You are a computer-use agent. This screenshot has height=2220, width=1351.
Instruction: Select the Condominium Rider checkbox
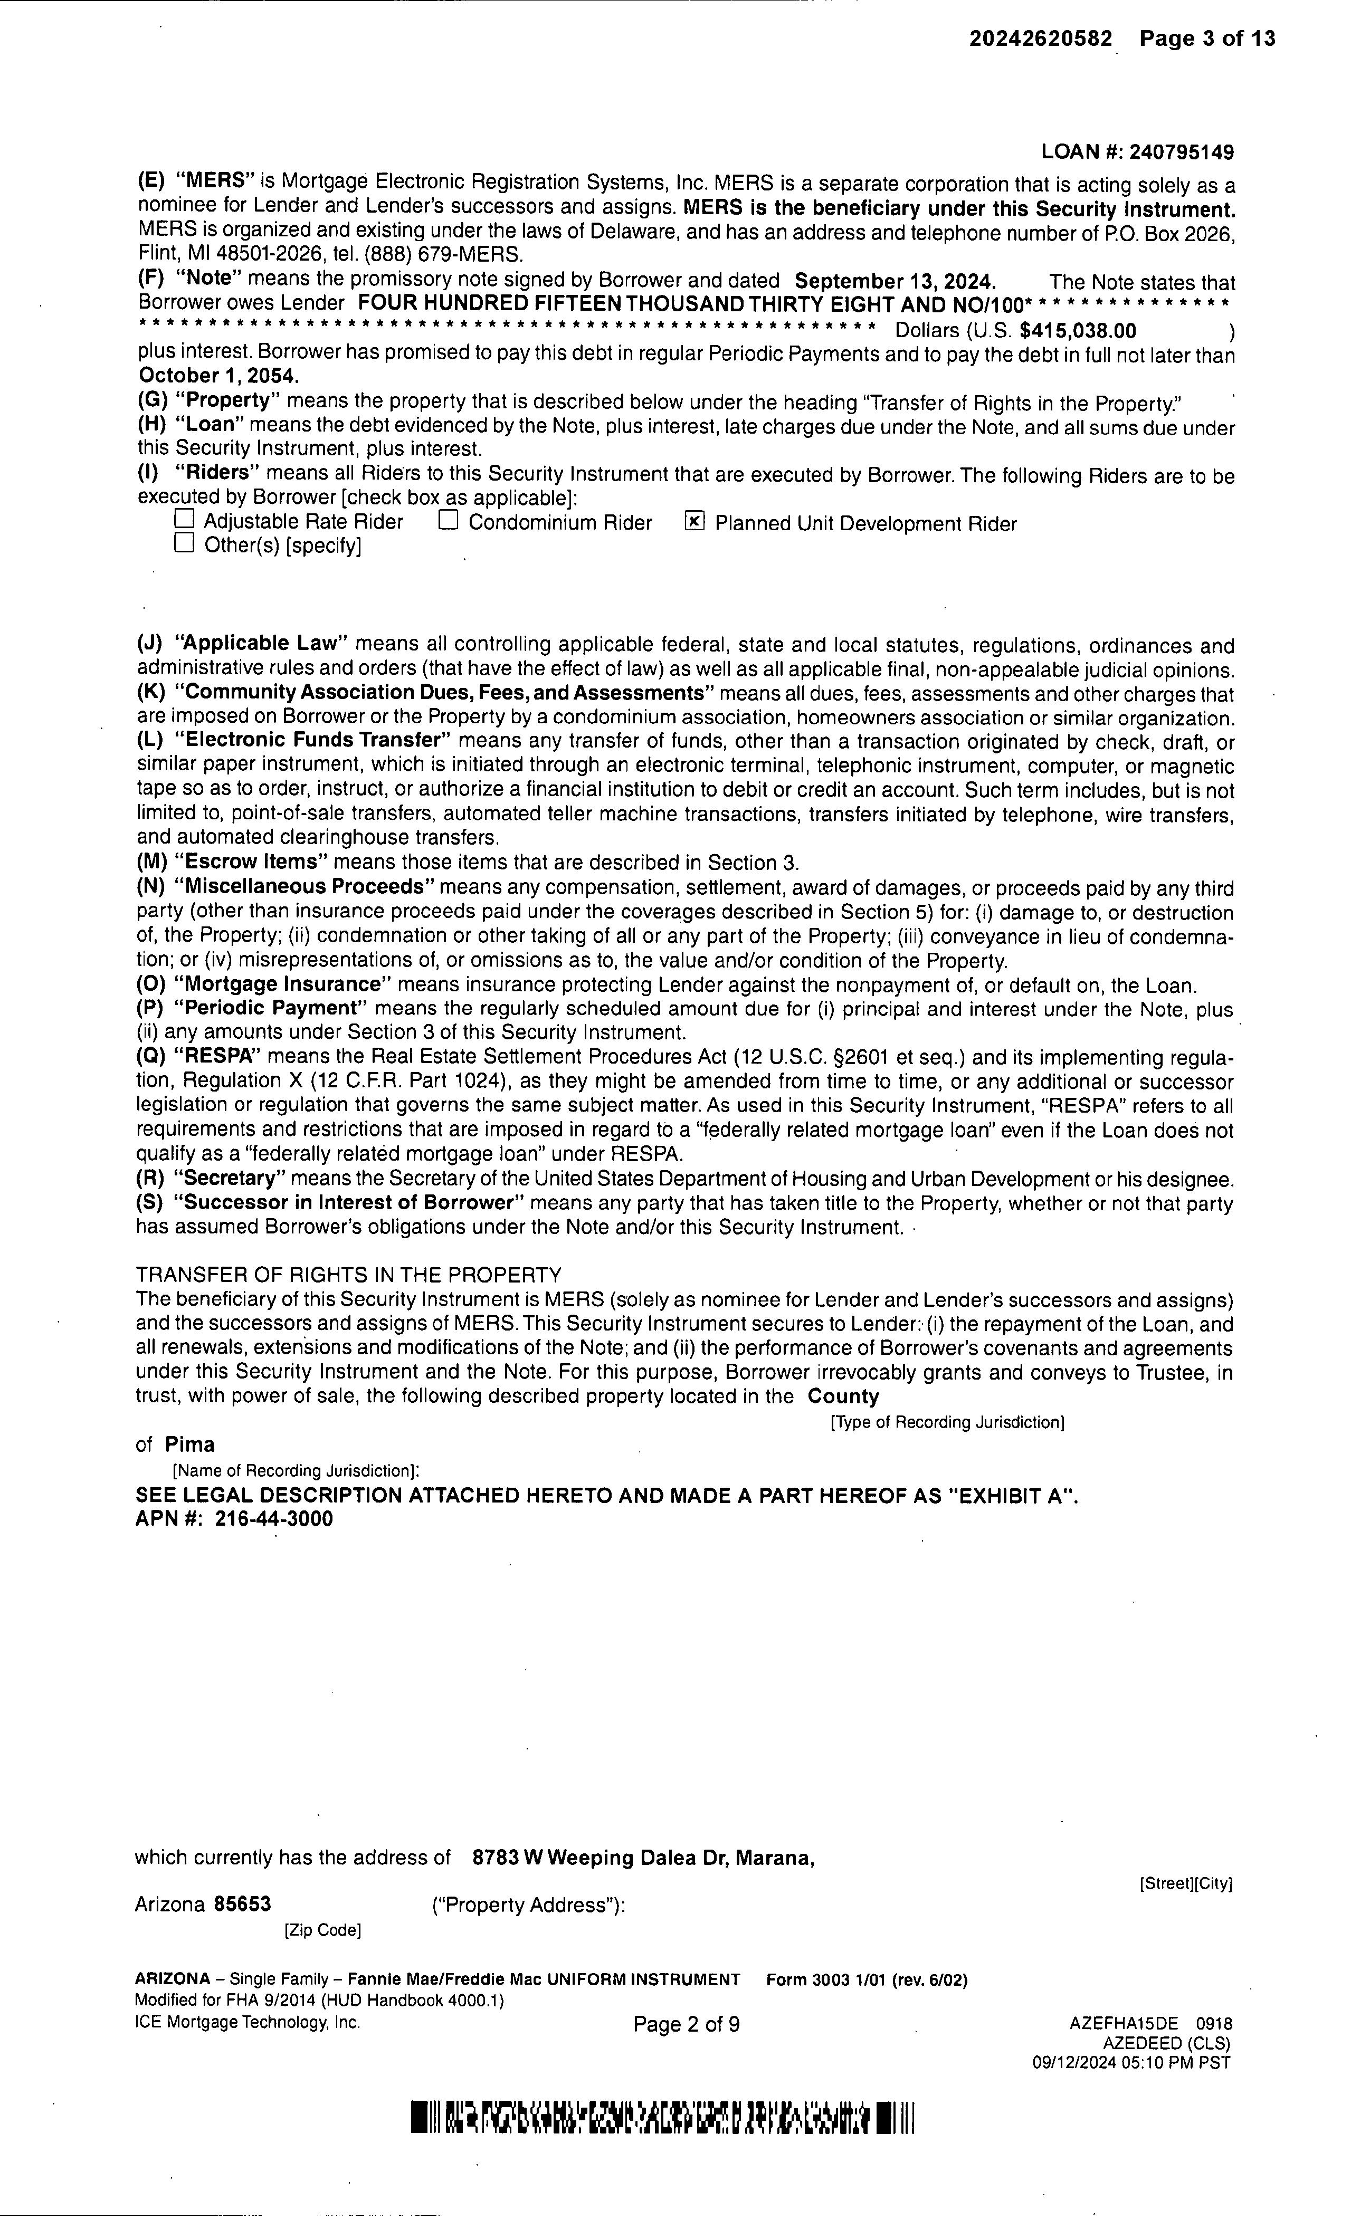tap(448, 521)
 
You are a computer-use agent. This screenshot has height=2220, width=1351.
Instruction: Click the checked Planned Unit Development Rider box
tap(694, 522)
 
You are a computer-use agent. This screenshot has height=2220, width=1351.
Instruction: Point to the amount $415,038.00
tap(1078, 331)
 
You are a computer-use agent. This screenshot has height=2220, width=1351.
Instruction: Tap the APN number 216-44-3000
tap(274, 1519)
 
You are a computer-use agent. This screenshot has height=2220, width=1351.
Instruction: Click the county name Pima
tap(190, 1445)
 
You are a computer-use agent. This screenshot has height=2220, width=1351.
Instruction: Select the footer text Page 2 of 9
tap(687, 2024)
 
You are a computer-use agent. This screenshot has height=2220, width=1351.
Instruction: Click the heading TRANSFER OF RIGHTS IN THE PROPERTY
tap(349, 1275)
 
